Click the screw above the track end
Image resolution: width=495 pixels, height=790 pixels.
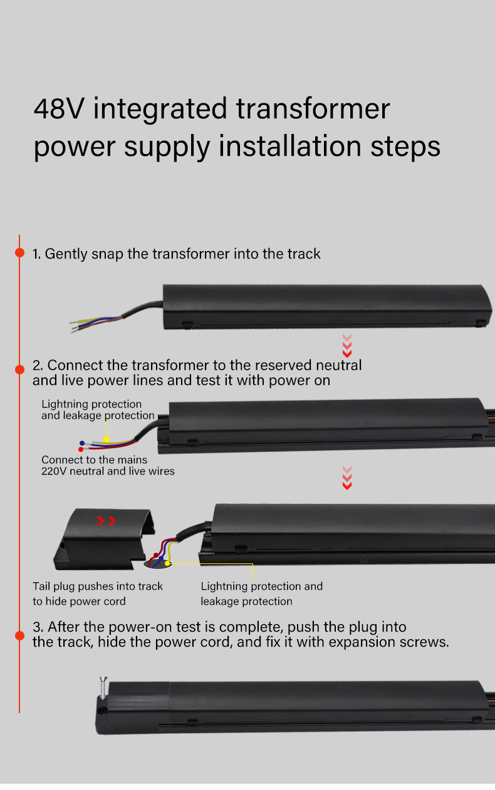coord(103,687)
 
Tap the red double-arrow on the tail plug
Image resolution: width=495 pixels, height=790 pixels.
coord(107,521)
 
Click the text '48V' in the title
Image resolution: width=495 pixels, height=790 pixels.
coord(59,109)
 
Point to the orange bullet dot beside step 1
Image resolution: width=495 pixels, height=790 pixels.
coord(20,252)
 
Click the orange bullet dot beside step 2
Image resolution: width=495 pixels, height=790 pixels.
coord(20,369)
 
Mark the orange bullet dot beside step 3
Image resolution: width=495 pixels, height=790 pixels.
coord(20,635)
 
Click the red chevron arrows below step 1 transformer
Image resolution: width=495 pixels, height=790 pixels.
coord(347,346)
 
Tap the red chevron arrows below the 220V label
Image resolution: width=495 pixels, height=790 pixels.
coord(347,478)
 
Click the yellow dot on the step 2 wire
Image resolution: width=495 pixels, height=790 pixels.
coord(107,439)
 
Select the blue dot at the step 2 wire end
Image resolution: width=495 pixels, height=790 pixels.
coord(82,443)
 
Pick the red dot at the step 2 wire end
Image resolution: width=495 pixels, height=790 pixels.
coord(81,449)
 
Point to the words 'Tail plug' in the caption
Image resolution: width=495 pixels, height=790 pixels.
coord(54,587)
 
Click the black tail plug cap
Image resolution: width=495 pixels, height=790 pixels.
coord(104,539)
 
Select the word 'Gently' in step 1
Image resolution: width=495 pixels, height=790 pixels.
coord(66,254)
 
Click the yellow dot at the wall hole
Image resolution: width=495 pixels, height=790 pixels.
coord(167,563)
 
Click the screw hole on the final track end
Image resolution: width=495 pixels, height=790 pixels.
coord(102,710)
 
